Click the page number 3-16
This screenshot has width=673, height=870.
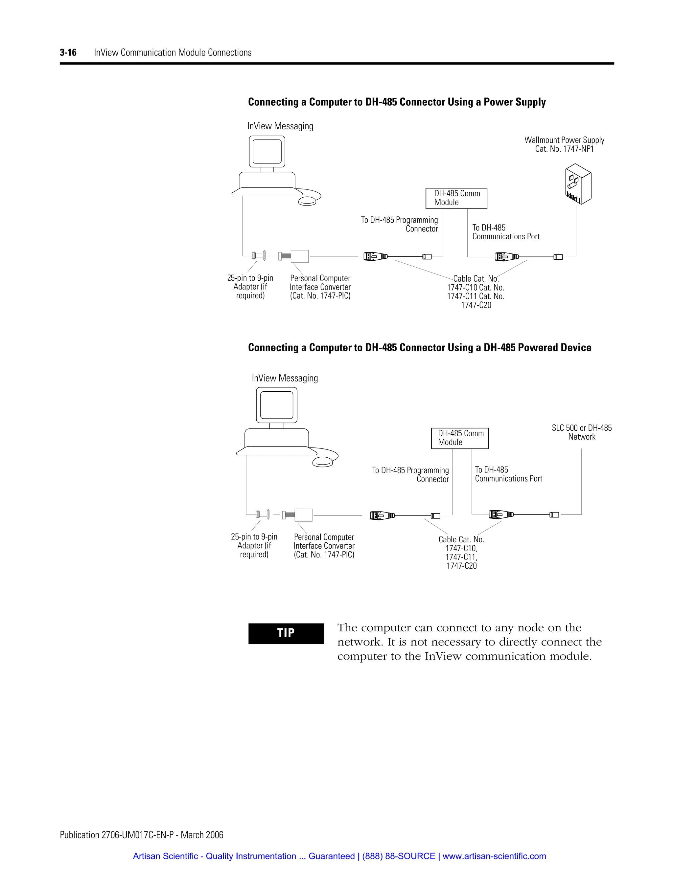coord(68,53)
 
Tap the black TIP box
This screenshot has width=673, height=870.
coord(286,633)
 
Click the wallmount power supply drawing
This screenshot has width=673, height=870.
coord(578,184)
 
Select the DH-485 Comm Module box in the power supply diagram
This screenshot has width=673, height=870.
coord(456,198)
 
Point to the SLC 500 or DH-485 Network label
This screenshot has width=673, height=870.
coord(581,432)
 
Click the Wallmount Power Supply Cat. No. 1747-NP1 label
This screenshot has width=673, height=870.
coord(564,144)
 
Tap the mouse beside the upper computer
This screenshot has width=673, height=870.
coord(307,202)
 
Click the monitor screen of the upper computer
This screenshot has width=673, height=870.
coord(267,151)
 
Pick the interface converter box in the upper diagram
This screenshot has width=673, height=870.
coord(299,256)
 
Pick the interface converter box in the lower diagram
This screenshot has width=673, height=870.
coord(303,515)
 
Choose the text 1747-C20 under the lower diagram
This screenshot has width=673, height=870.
coord(461,566)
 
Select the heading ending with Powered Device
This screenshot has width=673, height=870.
coord(419,348)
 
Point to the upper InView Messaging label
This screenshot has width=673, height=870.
coord(280,126)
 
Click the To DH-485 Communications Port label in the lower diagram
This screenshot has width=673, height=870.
coord(508,474)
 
